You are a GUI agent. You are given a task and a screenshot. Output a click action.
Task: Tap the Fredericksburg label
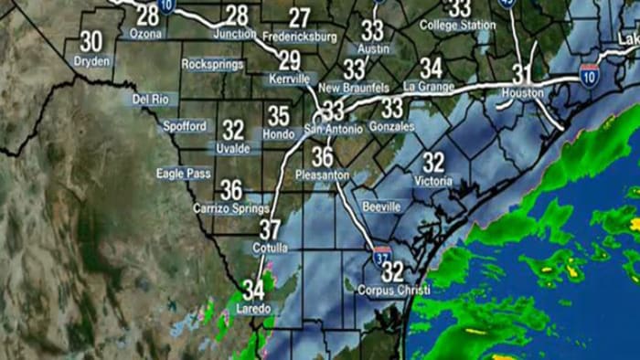(300, 37)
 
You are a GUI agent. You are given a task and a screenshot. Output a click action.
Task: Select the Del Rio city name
(153, 99)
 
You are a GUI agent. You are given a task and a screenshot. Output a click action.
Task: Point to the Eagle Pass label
(183, 173)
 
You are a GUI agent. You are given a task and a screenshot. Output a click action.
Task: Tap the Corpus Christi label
(394, 291)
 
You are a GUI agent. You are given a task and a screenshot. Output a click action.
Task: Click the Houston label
(523, 93)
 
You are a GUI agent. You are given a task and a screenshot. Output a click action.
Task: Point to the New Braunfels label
(354, 88)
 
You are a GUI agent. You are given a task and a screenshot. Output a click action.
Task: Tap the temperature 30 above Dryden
(91, 42)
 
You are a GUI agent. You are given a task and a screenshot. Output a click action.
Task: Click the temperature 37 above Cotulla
(270, 229)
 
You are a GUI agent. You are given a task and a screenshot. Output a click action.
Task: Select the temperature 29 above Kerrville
(289, 61)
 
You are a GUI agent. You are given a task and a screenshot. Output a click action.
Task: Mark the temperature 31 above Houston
(522, 73)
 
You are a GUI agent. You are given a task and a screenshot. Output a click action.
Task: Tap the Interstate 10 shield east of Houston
(590, 73)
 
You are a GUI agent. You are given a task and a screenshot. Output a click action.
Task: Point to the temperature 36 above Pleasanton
(322, 156)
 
